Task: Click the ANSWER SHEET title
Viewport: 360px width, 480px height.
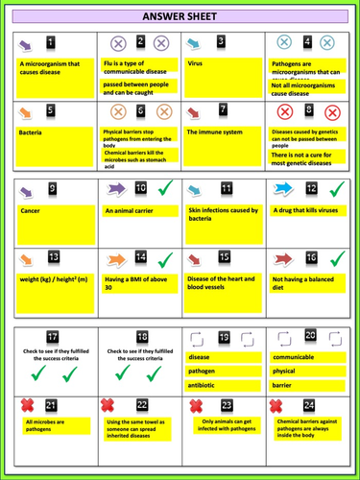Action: pyautogui.click(x=180, y=17)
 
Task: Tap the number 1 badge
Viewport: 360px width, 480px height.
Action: pyautogui.click(x=52, y=43)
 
